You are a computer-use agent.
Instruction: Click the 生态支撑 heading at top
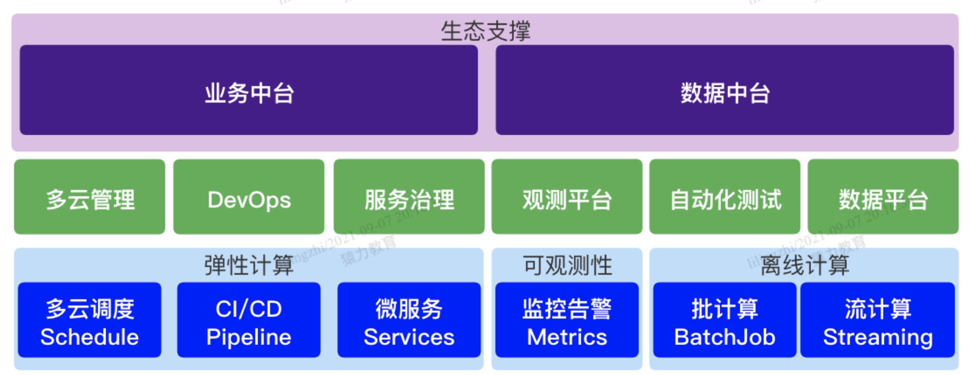[485, 31]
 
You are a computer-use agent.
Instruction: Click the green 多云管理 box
[90, 198]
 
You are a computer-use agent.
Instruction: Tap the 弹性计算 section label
[249, 265]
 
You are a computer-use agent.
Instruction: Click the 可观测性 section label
[567, 265]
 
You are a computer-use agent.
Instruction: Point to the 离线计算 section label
[804, 265]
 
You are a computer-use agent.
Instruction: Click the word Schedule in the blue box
[89, 337]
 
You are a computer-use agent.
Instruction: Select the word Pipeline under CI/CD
[249, 337]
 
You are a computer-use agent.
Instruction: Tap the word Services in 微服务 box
[409, 337]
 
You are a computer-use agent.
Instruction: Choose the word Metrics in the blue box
[567, 337]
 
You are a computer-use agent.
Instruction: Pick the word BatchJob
[725, 337]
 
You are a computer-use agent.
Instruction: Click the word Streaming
[878, 337]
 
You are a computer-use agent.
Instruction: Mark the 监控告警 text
[567, 308]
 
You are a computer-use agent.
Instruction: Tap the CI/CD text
[249, 308]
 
